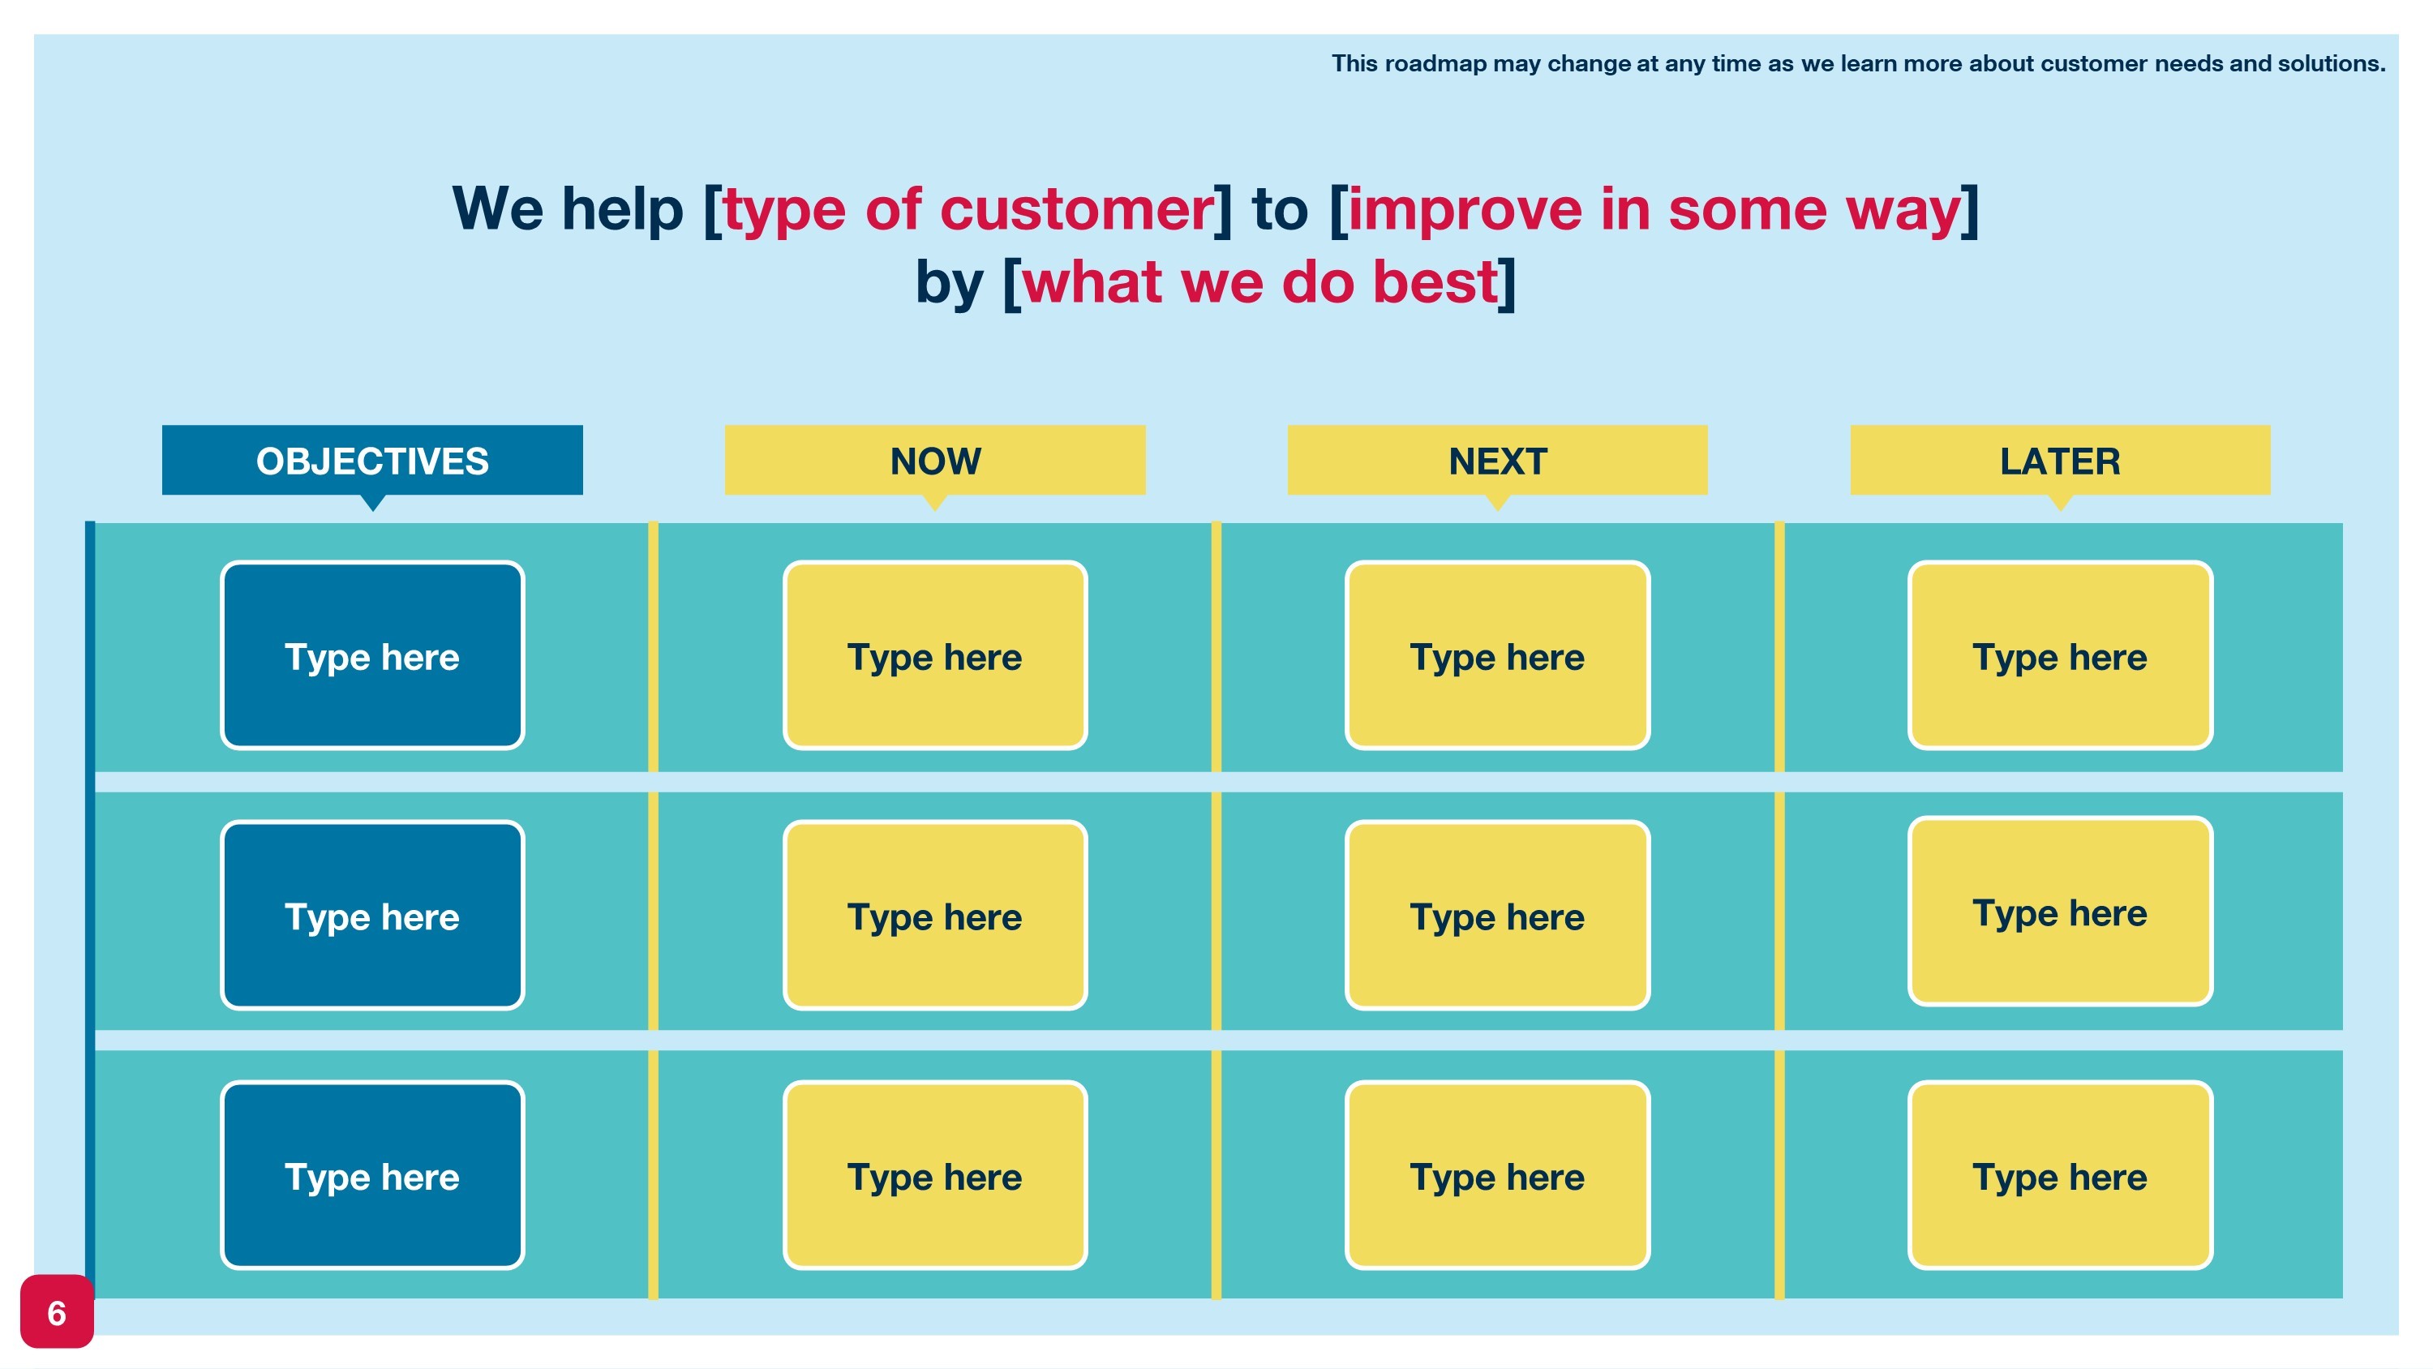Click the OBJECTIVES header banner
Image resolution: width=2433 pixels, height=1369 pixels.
click(x=372, y=460)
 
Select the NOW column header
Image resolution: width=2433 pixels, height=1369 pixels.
click(x=935, y=460)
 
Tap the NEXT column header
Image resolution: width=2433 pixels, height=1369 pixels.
click(x=1497, y=460)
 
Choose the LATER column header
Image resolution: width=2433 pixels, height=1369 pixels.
click(x=2060, y=460)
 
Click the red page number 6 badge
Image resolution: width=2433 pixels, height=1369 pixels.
click(x=57, y=1311)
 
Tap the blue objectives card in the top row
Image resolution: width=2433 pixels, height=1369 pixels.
click(x=372, y=655)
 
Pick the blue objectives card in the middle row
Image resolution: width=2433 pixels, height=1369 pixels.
click(x=372, y=916)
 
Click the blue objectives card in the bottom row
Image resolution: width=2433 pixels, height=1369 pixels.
click(x=372, y=1175)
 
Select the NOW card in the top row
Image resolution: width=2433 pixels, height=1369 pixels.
click(x=935, y=655)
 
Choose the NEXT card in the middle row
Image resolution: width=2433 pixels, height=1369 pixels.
click(x=1497, y=916)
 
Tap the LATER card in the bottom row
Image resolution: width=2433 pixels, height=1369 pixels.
click(x=2060, y=1175)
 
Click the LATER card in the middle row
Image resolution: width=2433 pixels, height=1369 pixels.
click(x=2060, y=912)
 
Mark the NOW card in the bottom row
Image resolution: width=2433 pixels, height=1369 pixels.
click(x=935, y=1175)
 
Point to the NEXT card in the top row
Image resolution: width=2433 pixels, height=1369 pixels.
click(x=1497, y=655)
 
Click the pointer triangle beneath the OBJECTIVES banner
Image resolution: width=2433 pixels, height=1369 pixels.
click(x=373, y=503)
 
